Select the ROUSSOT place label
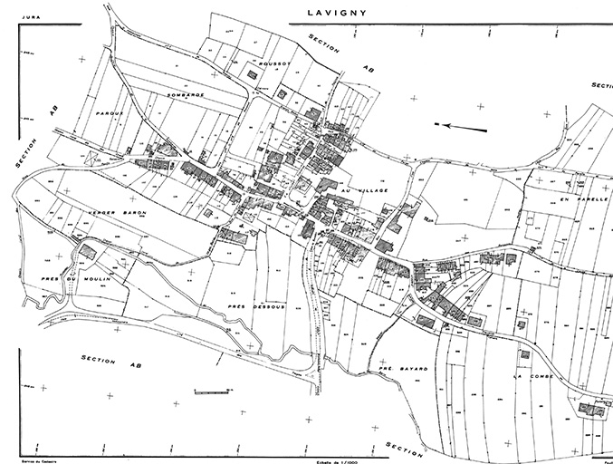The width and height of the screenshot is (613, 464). click(275, 65)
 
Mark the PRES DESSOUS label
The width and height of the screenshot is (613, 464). click(256, 306)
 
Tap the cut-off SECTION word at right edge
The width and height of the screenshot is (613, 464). click(601, 84)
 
